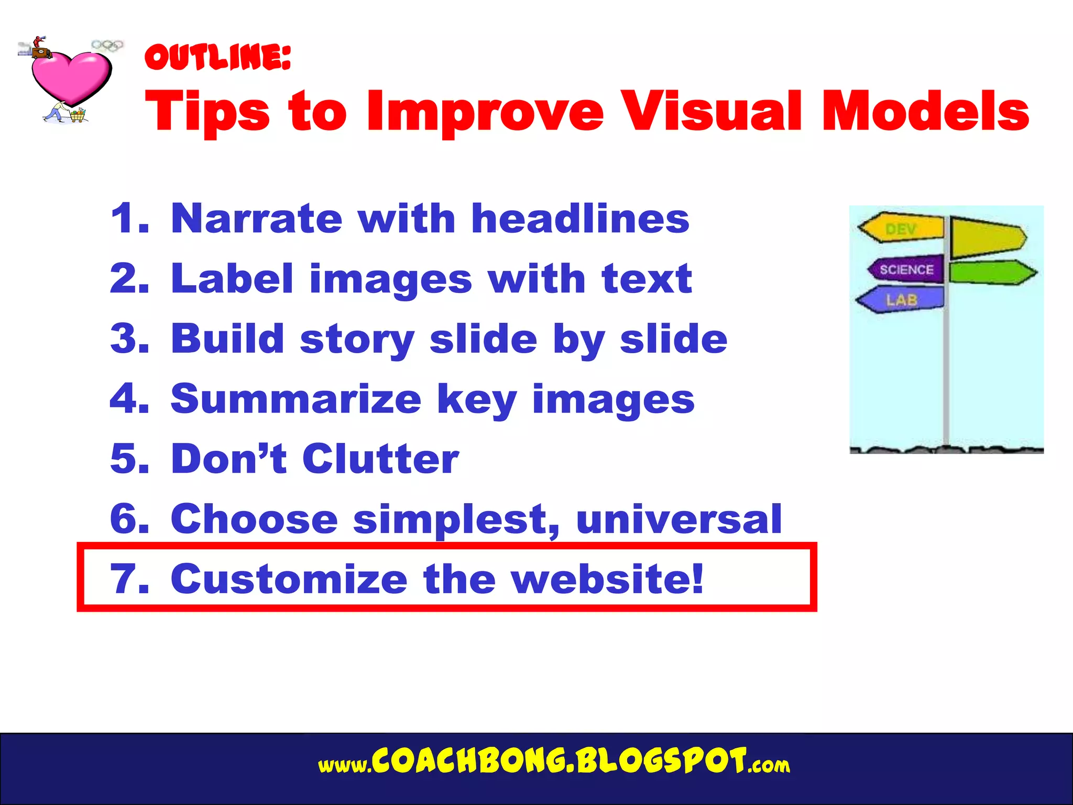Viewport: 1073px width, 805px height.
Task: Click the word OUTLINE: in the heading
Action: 217,57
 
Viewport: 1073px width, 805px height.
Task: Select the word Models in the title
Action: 925,111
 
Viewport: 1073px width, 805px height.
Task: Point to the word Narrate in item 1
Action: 257,219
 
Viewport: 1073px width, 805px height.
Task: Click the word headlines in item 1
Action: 580,219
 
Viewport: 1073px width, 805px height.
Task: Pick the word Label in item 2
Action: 232,279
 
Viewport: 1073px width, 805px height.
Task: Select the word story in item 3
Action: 357,340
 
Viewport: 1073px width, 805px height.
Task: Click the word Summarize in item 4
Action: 296,399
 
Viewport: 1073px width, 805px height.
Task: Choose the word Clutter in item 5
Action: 380,459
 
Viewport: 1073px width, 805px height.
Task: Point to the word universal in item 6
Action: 678,519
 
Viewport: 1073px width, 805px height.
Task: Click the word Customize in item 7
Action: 289,579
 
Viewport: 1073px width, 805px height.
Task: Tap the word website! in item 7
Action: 608,579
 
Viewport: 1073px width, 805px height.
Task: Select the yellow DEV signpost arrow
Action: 901,228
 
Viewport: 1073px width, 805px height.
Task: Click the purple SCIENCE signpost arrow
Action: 906,269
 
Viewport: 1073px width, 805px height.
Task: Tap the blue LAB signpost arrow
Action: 901,299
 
